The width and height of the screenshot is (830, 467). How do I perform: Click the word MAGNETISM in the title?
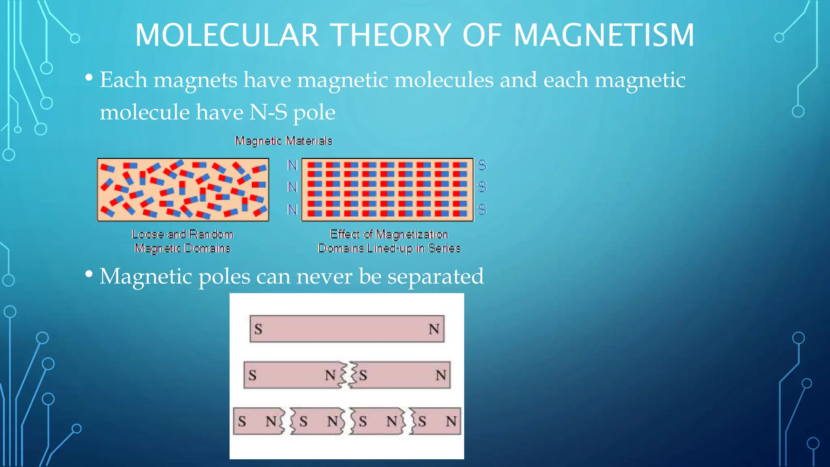(604, 35)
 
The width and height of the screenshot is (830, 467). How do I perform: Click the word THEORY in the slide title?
(391, 35)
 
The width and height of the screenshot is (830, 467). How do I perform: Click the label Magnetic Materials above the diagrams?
(284, 141)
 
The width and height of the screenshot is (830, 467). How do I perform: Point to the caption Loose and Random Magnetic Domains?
(182, 241)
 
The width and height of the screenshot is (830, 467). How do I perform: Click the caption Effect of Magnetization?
(389, 234)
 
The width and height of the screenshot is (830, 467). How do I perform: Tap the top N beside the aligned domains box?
(292, 165)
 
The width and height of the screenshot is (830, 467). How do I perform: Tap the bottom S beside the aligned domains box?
(481, 210)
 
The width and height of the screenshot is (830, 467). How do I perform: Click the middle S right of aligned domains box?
(481, 187)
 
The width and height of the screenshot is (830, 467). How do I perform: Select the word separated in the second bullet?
(435, 276)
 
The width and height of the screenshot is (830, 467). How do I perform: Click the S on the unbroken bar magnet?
(258, 329)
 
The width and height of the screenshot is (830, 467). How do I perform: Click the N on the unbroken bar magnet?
(434, 329)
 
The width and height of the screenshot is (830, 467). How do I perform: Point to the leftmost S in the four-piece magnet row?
(242, 422)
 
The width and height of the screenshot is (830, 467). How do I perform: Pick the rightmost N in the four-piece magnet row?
(451, 422)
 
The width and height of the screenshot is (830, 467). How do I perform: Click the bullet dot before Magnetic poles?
(89, 274)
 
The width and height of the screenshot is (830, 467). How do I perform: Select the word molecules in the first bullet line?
(444, 80)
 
